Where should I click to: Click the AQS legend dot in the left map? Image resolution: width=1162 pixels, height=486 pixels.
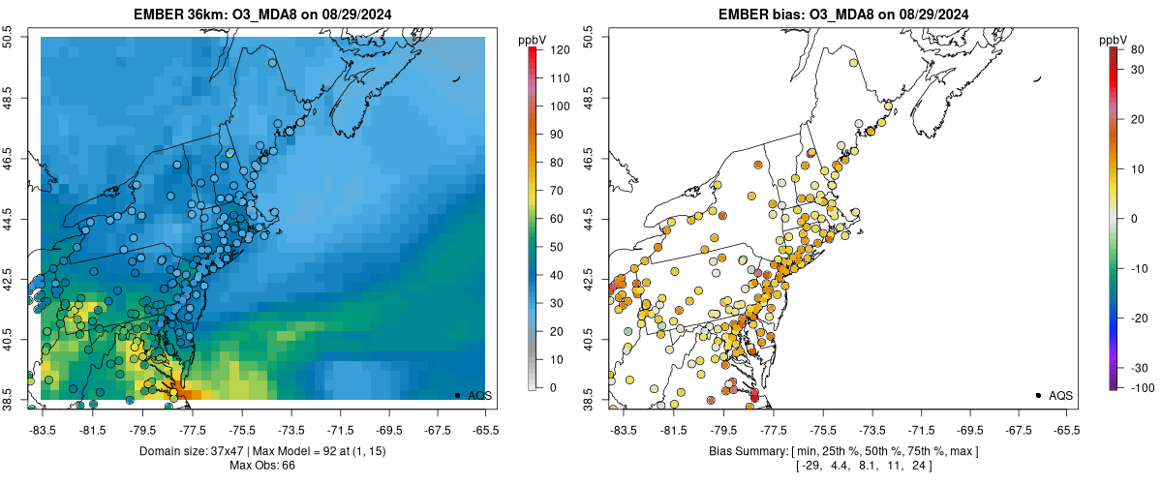(457, 395)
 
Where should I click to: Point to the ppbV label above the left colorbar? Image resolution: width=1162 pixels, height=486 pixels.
(531, 40)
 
